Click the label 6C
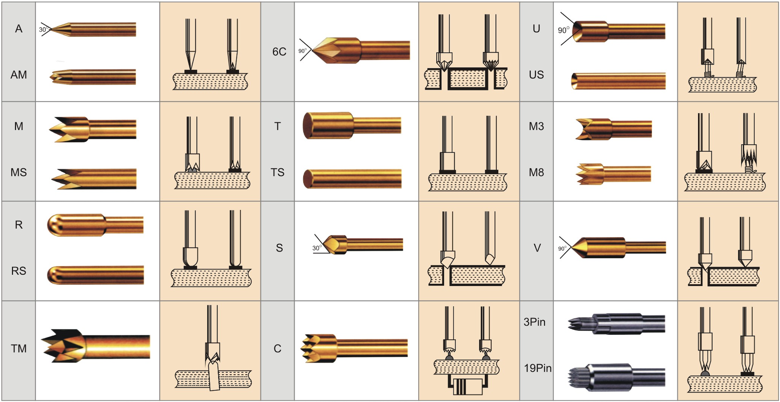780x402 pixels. [x=279, y=52]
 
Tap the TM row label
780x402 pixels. [x=19, y=348]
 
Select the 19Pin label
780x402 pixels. [x=537, y=368]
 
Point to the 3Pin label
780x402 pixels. [x=534, y=322]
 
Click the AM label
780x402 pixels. [x=19, y=74]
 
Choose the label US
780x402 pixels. [x=536, y=74]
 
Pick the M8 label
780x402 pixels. [x=536, y=173]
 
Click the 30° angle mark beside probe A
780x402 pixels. [x=43, y=30]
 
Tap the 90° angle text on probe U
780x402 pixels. [x=564, y=30]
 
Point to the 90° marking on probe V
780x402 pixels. [x=562, y=248]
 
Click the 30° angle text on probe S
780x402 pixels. [x=317, y=248]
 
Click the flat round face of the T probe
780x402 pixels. [x=307, y=126]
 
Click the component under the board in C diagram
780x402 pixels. [x=466, y=386]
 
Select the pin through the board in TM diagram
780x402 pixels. [x=214, y=375]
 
